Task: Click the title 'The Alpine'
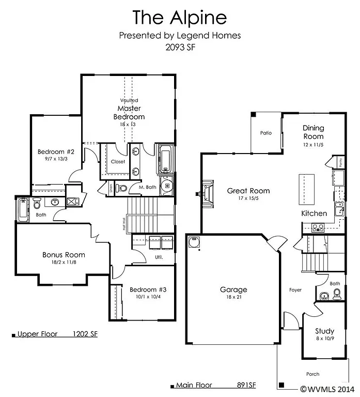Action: coord(180,17)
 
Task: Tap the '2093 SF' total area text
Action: coord(180,47)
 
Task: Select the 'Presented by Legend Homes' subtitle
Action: coord(180,36)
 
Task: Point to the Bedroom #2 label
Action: coord(56,152)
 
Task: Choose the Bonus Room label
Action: coord(64,255)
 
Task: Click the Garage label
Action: coord(233,289)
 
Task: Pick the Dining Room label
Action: coord(313,132)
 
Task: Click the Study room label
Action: coord(325,331)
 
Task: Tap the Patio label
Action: coord(265,133)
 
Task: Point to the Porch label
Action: coord(312,374)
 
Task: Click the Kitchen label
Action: coord(314,213)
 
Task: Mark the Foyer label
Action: coord(295,290)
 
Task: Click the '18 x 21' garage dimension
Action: coord(233,297)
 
